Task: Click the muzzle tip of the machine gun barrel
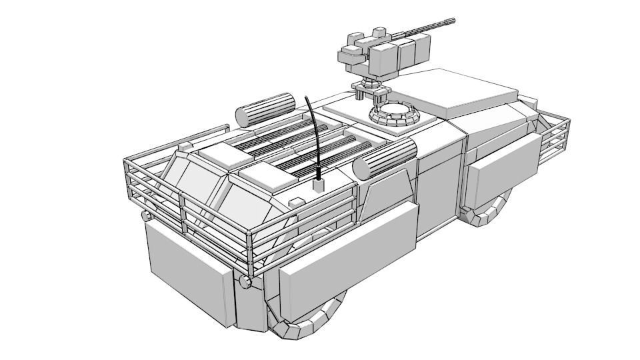point(453,21)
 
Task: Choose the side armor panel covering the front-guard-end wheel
point(501,170)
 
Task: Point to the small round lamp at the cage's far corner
point(146,217)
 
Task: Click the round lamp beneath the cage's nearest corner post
point(246,283)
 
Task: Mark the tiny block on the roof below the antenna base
point(294,201)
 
